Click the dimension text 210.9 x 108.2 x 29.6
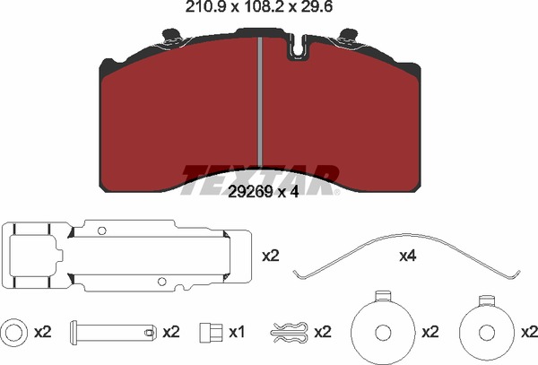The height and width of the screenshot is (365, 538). pos(259,6)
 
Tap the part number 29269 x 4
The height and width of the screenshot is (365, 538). pos(263,192)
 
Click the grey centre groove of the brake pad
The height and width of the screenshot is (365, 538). pos(260,102)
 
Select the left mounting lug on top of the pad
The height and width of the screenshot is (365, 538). pos(171,37)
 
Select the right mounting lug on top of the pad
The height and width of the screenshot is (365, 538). pos(348,37)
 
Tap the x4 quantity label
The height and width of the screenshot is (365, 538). pos(408,256)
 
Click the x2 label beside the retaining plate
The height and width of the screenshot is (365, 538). pos(271,256)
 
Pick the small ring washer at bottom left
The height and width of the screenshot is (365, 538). pos(14,332)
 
